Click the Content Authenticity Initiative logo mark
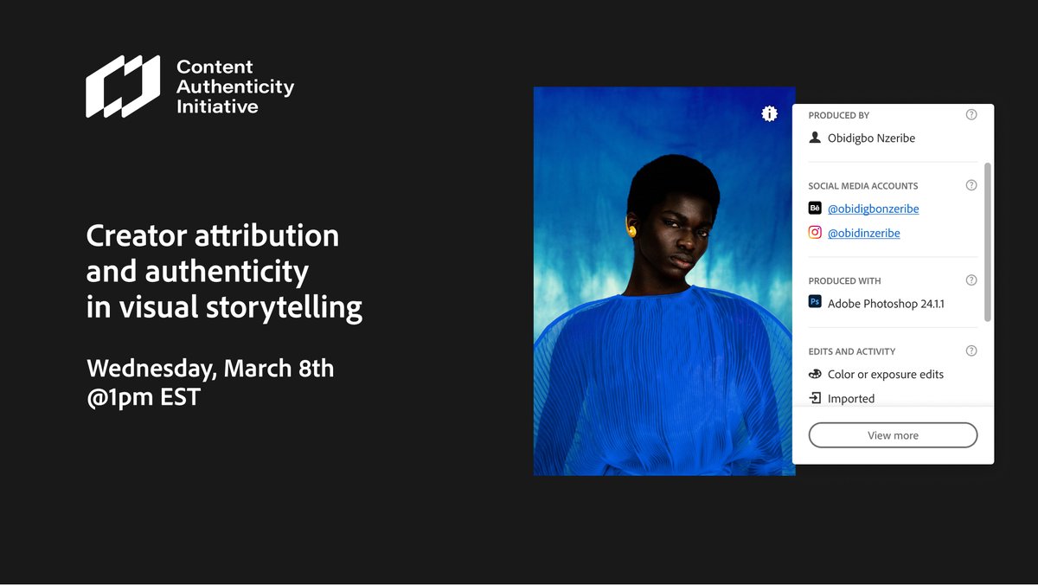coord(123,87)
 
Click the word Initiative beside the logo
coord(217,106)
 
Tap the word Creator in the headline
coord(138,235)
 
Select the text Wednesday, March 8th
coord(210,368)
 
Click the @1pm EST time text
coord(144,397)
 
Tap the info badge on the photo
coord(769,113)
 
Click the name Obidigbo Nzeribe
coord(871,138)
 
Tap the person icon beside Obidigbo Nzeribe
coord(815,138)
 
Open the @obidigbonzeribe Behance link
coord(873,209)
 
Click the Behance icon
coord(815,209)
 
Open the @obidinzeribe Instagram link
coord(863,233)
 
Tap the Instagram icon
coord(815,233)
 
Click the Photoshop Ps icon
coord(815,303)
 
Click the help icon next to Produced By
coord(971,115)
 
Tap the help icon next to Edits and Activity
coord(971,351)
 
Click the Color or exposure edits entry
coord(885,375)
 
